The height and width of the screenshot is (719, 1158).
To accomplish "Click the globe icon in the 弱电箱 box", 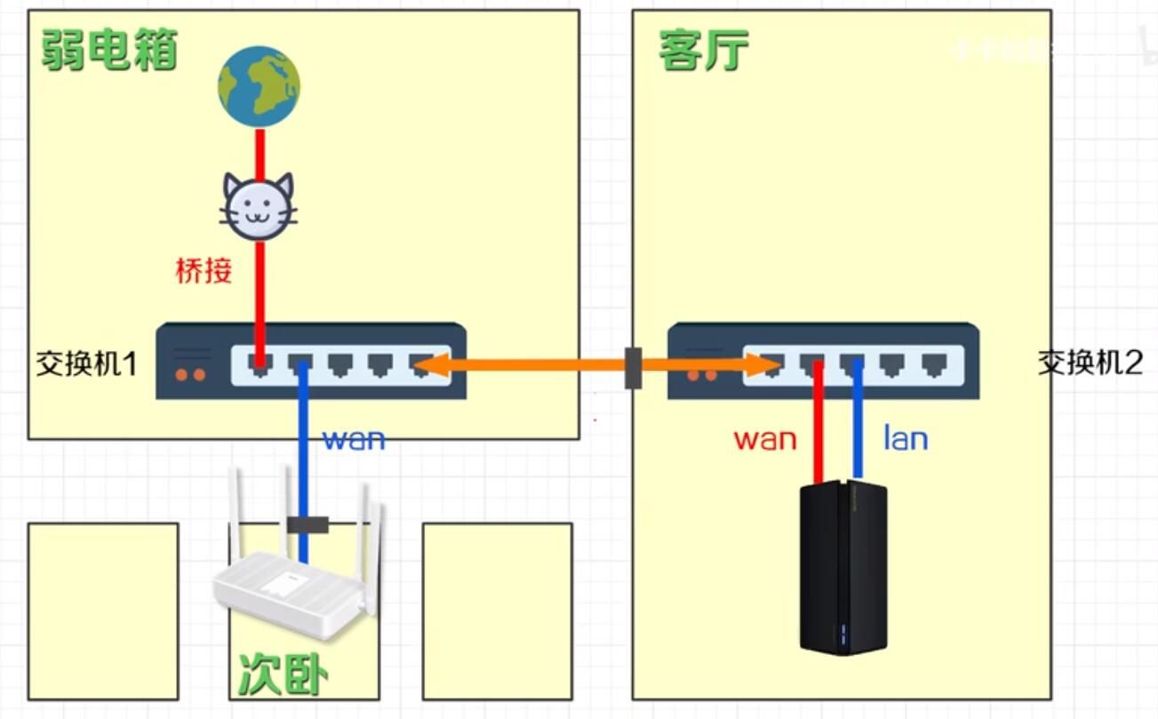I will point(259,87).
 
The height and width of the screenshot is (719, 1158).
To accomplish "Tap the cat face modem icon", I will point(259,206).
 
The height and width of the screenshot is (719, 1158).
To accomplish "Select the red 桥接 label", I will point(204,270).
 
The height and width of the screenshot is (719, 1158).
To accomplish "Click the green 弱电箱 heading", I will point(109,49).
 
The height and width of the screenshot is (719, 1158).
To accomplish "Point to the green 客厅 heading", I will point(703,50).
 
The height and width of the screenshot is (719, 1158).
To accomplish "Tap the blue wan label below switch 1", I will point(354,438).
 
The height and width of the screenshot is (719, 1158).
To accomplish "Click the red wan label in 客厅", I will point(765,438).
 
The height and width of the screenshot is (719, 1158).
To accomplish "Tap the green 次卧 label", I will point(284,675).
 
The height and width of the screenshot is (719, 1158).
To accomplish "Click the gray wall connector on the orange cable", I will point(633,367).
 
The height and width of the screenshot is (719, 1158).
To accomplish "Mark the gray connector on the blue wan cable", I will point(308,524).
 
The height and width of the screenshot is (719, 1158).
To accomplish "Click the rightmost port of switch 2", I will point(931,363).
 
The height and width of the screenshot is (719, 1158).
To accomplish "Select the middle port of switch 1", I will point(341,363).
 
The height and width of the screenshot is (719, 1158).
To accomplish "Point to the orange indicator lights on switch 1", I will point(189,374).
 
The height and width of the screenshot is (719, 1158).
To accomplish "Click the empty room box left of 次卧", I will point(103,611).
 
